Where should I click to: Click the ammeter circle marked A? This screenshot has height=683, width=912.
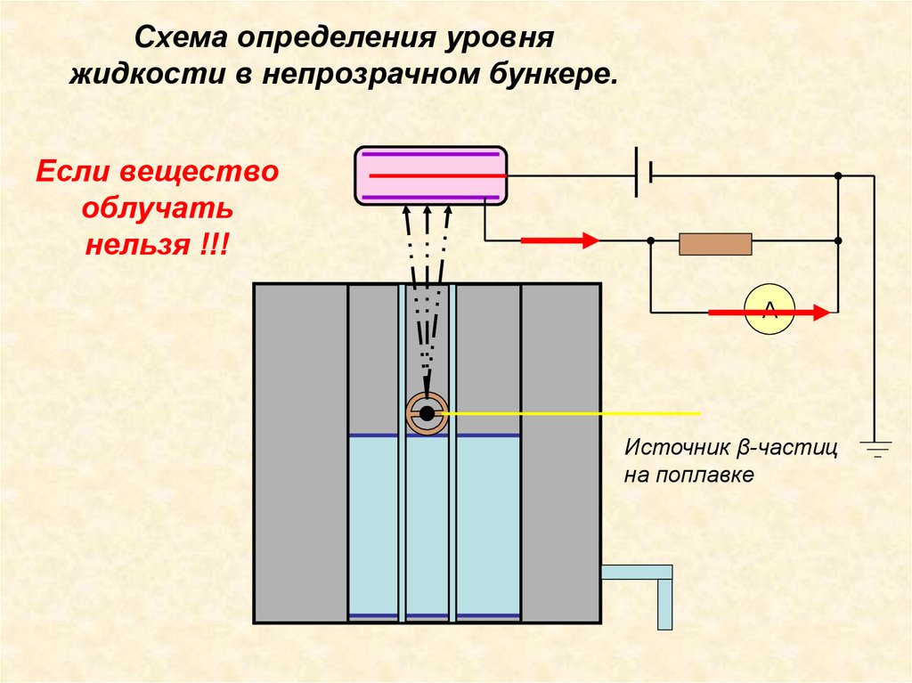click(x=769, y=311)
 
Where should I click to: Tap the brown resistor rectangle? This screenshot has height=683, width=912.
click(x=715, y=243)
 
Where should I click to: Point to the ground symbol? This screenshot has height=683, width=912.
click(x=875, y=447)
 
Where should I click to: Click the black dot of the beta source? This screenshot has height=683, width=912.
click(x=427, y=413)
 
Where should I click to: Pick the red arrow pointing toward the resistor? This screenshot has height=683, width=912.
click(x=558, y=240)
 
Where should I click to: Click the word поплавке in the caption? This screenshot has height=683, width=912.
click(x=713, y=475)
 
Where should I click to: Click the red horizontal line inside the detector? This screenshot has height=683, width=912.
click(x=431, y=176)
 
